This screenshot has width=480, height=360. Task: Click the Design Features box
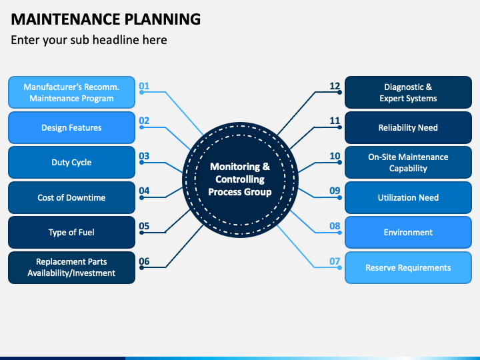[x=71, y=127]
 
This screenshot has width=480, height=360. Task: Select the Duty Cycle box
[x=71, y=162]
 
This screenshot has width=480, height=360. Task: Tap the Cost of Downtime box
[x=71, y=197]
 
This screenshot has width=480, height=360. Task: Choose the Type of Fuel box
[x=71, y=233]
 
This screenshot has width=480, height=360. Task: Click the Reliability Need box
[x=408, y=127]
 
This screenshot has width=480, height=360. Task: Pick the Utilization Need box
[x=408, y=197]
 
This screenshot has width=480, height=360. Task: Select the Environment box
[x=408, y=233]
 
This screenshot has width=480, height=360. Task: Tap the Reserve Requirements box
[x=408, y=267]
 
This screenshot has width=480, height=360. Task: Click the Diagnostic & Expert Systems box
[x=408, y=93]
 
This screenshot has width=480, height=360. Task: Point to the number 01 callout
[x=144, y=86]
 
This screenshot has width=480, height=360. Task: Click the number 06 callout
[x=144, y=261]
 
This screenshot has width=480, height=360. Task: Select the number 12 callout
[x=335, y=86]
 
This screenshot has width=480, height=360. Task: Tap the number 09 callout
[x=335, y=191]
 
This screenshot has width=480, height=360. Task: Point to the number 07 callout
[x=335, y=261]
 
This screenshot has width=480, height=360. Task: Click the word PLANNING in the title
[x=163, y=19]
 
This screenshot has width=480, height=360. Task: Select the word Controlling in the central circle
[x=240, y=179]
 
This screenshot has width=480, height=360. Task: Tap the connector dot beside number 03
[x=141, y=163]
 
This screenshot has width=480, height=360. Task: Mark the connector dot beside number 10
[x=339, y=163]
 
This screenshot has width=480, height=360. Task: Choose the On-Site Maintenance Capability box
[x=408, y=162]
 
